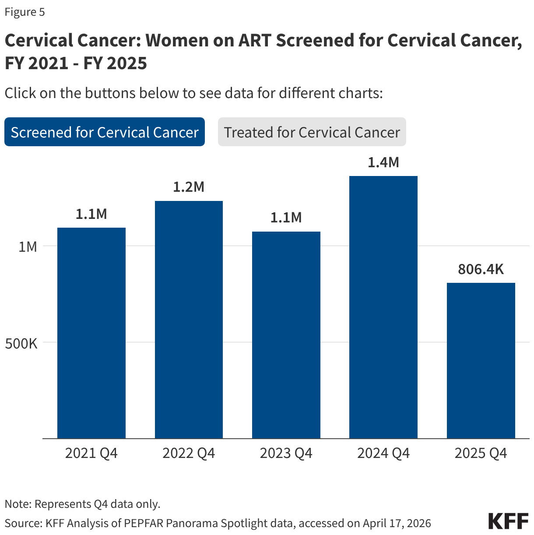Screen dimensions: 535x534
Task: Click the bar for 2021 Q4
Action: click(91, 333)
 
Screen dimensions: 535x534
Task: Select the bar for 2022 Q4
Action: click(189, 320)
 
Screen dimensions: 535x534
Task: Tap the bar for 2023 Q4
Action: click(286, 335)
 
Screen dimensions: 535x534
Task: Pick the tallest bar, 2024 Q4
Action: click(383, 306)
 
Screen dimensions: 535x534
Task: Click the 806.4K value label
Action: click(481, 269)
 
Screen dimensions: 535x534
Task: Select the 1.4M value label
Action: click(383, 162)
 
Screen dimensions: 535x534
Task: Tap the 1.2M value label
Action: click(189, 187)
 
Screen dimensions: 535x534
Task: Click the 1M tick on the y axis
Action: click(28, 246)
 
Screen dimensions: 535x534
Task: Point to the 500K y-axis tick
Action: click(21, 343)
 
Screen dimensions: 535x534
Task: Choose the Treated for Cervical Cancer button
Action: click(312, 132)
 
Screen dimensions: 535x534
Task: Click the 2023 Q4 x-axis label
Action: click(286, 453)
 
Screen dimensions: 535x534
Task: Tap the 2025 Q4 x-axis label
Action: click(481, 453)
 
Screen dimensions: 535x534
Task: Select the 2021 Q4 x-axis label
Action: click(91, 453)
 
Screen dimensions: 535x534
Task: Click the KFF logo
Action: click(508, 521)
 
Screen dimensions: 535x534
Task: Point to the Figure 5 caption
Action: click(25, 12)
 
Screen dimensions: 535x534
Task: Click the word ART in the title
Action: click(254, 40)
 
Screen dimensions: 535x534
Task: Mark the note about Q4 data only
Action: click(83, 504)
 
